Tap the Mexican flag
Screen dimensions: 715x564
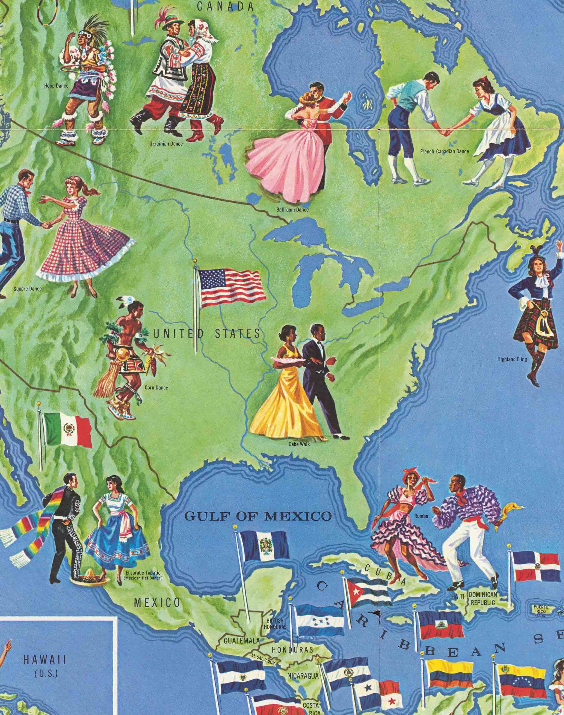click(68, 430)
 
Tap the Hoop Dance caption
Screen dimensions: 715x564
click(56, 86)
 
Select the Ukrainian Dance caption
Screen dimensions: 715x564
click(166, 144)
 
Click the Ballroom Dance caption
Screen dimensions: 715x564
click(292, 209)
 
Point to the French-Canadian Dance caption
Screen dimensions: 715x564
click(444, 152)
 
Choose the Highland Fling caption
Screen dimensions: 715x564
click(512, 359)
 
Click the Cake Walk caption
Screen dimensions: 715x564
click(299, 444)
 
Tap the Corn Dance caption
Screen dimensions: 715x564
click(156, 388)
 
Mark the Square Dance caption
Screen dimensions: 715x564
click(28, 289)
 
